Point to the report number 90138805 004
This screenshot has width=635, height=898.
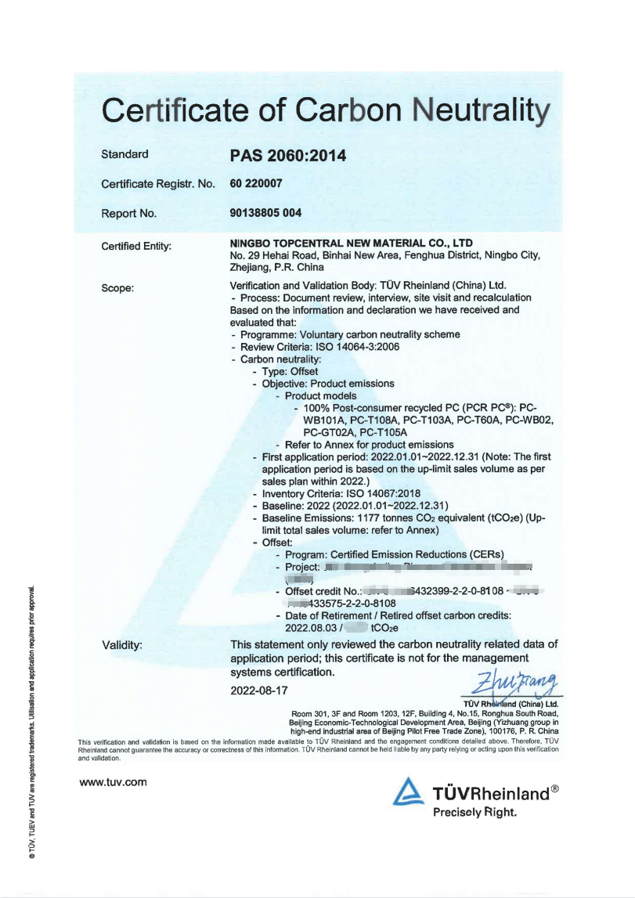point(265,213)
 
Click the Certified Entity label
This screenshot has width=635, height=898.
point(136,247)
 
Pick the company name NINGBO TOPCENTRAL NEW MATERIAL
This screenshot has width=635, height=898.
point(351,243)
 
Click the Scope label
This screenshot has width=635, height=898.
point(117,287)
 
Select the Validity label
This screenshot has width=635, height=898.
point(122,645)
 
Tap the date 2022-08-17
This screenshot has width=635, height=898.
point(259,691)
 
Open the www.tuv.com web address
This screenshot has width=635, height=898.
point(114,781)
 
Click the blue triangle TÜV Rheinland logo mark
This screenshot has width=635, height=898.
point(409,792)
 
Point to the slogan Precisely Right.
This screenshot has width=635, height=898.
point(474,812)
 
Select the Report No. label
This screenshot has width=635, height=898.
point(128,213)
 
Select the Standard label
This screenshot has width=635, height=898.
point(124,154)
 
